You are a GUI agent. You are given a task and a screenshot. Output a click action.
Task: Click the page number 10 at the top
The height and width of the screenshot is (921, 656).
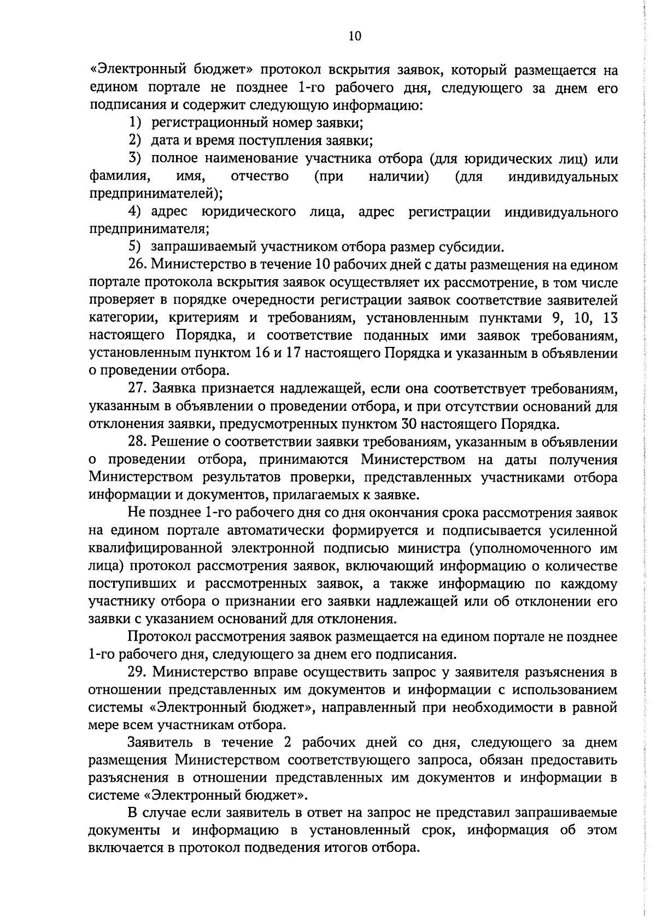[x=354, y=36]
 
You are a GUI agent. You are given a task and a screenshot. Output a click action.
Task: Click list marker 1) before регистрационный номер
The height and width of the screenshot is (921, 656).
[x=135, y=123]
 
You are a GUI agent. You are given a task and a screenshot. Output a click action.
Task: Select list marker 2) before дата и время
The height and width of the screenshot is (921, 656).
[x=135, y=141]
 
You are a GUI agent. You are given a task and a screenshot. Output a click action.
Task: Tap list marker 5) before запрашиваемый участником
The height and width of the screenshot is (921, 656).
[x=135, y=247]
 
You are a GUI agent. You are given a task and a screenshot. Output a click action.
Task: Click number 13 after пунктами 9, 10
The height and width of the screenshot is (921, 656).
[x=609, y=318]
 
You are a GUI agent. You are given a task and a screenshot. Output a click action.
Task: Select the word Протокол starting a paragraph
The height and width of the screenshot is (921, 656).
[x=159, y=636]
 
